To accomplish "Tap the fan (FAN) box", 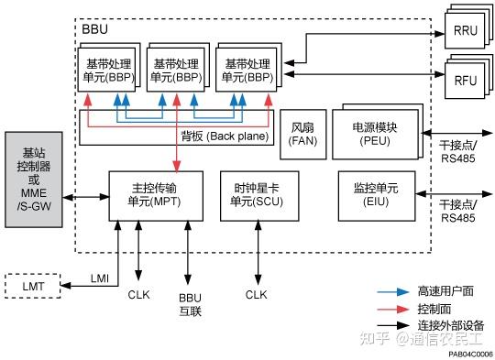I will [302, 134].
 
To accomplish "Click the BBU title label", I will [94, 30].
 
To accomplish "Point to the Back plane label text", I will [225, 136].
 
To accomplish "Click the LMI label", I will [101, 278].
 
